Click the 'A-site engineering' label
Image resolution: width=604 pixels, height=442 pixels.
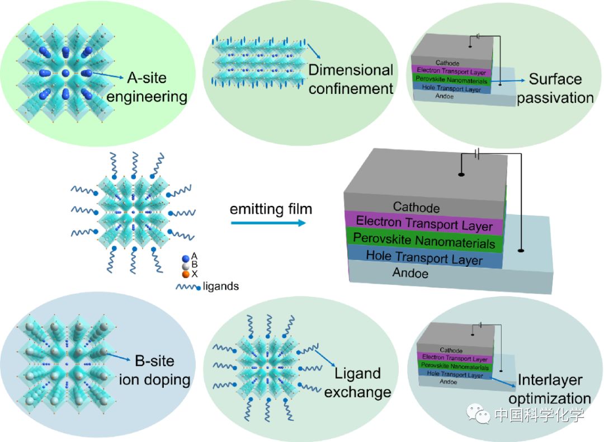pyautogui.click(x=147, y=87)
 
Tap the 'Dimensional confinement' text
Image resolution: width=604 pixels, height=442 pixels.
pyautogui.click(x=351, y=79)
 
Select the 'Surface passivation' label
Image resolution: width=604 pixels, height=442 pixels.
pyautogui.click(x=555, y=88)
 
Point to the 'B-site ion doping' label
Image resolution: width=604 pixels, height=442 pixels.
pyautogui.click(x=154, y=370)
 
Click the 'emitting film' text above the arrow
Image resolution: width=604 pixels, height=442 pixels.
pyautogui.click(x=271, y=209)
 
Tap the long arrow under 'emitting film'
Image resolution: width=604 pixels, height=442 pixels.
pyautogui.click(x=268, y=223)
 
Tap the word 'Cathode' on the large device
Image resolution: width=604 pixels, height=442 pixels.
pyautogui.click(x=416, y=208)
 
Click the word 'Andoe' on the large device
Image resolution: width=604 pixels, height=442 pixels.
pyautogui.click(x=410, y=273)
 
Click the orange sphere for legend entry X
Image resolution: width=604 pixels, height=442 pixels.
pyautogui.click(x=186, y=274)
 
